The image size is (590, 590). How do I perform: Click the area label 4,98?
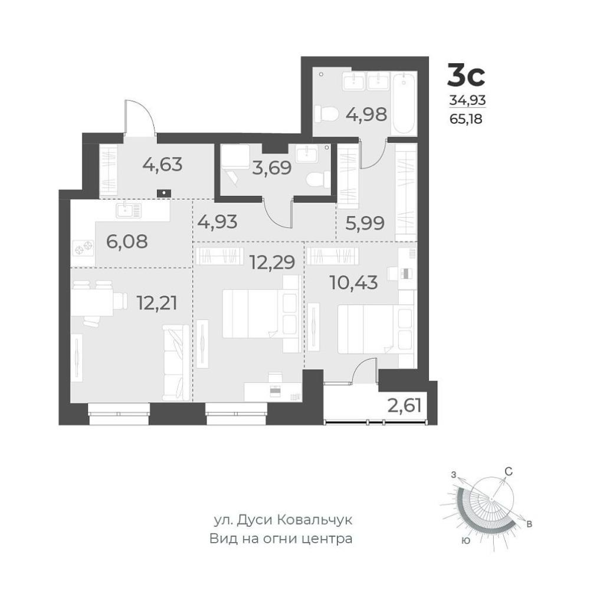pyautogui.click(x=366, y=114)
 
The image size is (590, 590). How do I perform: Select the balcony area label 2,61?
pyautogui.click(x=404, y=406)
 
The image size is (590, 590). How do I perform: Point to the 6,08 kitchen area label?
pyautogui.click(x=127, y=241)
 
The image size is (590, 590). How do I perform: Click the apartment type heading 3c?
pyautogui.click(x=466, y=76)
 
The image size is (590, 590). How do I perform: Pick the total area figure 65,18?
pyautogui.click(x=466, y=119)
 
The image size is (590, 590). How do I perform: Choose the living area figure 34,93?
pyautogui.click(x=467, y=100)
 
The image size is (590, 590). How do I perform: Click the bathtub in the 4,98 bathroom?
pyautogui.click(x=404, y=103)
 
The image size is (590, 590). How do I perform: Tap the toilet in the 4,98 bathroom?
pyautogui.click(x=324, y=114)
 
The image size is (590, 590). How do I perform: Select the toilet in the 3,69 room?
pyautogui.click(x=319, y=179)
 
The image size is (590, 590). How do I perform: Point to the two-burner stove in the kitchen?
pyautogui.click(x=83, y=248)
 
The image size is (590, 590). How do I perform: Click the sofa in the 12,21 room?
pyautogui.click(x=176, y=363)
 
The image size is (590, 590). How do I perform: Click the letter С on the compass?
pyautogui.click(x=509, y=471)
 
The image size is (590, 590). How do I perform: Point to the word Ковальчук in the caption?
pyautogui.click(x=314, y=520)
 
